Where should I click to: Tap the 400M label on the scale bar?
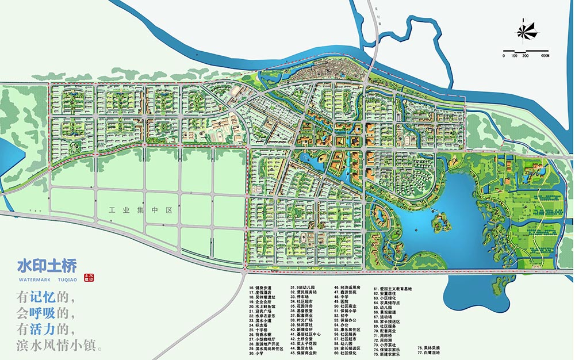pos(545,56)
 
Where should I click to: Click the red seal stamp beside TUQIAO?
pos(89,277)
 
